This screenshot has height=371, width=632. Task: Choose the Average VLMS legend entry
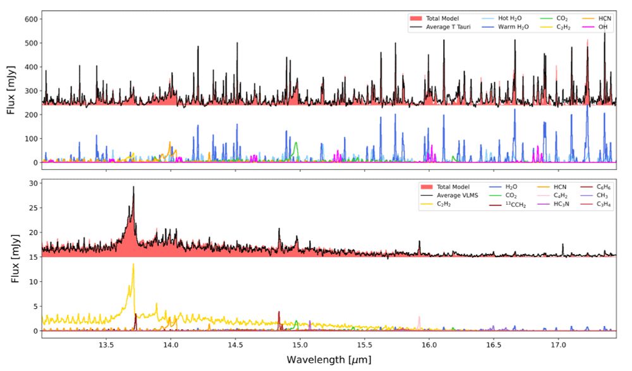point(446,196)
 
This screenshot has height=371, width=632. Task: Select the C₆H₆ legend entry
point(614,187)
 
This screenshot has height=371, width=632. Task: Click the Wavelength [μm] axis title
point(328,360)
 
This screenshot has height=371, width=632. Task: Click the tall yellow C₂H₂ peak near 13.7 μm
point(133,265)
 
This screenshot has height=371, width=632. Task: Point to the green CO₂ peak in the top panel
point(295,143)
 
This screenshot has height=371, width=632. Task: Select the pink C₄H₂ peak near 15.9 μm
point(419,317)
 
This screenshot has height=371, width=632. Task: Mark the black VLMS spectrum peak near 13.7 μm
point(133,187)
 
